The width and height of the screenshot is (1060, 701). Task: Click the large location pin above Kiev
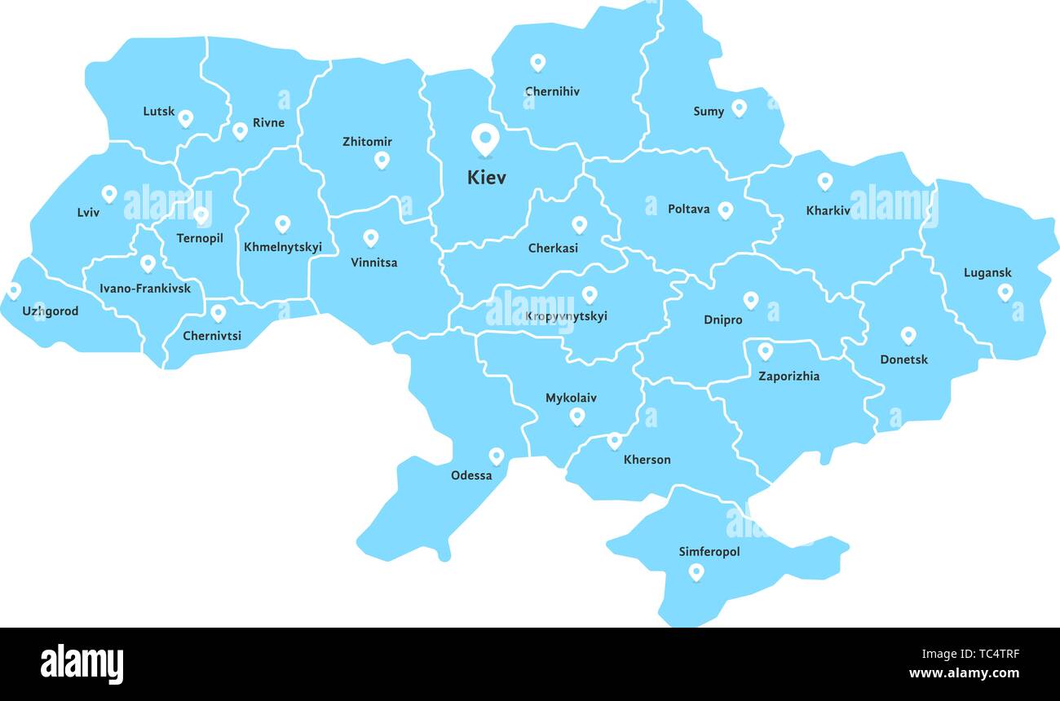[x=485, y=139]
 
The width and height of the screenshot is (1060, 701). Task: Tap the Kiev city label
[x=487, y=178]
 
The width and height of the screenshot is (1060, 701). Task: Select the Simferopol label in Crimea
[x=709, y=552]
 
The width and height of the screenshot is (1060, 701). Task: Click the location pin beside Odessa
[x=496, y=456]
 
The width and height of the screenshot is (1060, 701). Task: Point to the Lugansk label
[x=987, y=273]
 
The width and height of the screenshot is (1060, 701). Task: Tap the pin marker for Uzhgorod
[x=14, y=290]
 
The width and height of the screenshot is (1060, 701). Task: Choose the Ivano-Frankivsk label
[x=145, y=289]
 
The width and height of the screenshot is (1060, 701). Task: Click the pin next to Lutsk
[x=185, y=118]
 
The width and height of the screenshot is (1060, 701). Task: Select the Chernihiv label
[x=552, y=92]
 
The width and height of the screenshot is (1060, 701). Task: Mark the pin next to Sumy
[x=739, y=108]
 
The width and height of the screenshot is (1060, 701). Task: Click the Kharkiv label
[x=828, y=211]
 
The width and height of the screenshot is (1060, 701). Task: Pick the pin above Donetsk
[x=908, y=335]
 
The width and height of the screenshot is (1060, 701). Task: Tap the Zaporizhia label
[x=788, y=377]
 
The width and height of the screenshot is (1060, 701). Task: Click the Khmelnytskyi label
[x=283, y=247]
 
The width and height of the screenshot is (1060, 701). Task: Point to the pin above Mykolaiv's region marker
[x=577, y=417]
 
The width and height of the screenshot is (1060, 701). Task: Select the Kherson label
[x=647, y=460]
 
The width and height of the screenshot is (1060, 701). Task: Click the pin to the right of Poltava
[x=725, y=210]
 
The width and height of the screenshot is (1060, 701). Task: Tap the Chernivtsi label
[x=212, y=336]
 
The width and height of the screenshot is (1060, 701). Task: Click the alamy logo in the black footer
[x=82, y=664]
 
